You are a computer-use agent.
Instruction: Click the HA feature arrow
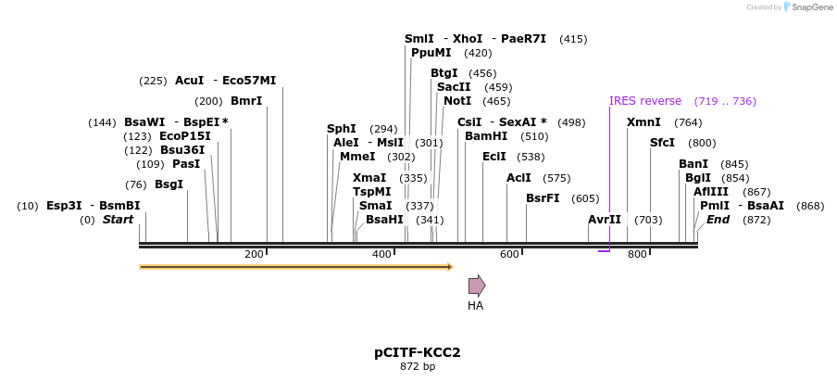[x=477, y=286]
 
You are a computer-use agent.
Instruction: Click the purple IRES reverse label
[x=644, y=101]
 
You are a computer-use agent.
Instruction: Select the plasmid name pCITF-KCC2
[x=417, y=352]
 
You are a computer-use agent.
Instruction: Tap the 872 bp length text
[x=417, y=366]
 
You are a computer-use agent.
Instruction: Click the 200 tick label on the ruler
[x=254, y=254]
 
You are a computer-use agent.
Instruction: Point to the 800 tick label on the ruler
[x=637, y=254]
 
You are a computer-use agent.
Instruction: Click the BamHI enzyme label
[x=486, y=136]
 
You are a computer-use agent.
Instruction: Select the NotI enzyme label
[x=457, y=101]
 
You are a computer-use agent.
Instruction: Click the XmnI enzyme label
[x=643, y=122]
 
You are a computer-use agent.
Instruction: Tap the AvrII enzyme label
[x=605, y=220]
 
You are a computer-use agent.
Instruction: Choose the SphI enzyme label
[x=342, y=129]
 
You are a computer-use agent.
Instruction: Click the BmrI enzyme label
[x=246, y=101]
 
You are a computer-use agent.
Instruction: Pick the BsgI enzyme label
[x=169, y=184]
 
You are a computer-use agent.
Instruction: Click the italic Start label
[x=118, y=220]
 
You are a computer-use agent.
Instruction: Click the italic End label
[x=718, y=220]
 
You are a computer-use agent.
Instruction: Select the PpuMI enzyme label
[x=431, y=53]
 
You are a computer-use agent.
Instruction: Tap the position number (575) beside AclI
[x=556, y=178]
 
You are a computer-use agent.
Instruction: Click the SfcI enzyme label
[x=662, y=143]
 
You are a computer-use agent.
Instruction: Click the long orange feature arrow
[x=296, y=267]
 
